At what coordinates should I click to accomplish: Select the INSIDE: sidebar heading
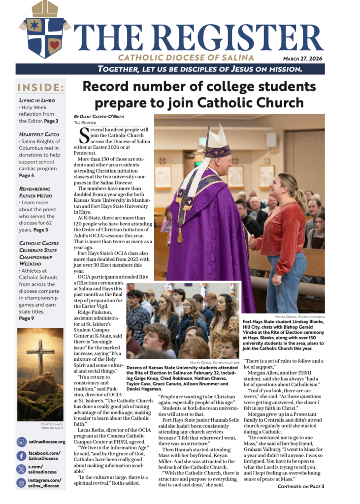(x=41, y=88)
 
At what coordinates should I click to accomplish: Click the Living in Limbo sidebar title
(x=37, y=100)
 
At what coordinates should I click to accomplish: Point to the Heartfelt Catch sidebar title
(x=39, y=134)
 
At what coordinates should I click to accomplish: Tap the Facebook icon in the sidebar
(x=22, y=456)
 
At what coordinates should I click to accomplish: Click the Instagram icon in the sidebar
(x=22, y=483)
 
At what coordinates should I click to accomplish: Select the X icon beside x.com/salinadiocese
(x=22, y=469)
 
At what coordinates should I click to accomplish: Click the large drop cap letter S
(x=84, y=136)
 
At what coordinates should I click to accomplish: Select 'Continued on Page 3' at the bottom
(x=300, y=486)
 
